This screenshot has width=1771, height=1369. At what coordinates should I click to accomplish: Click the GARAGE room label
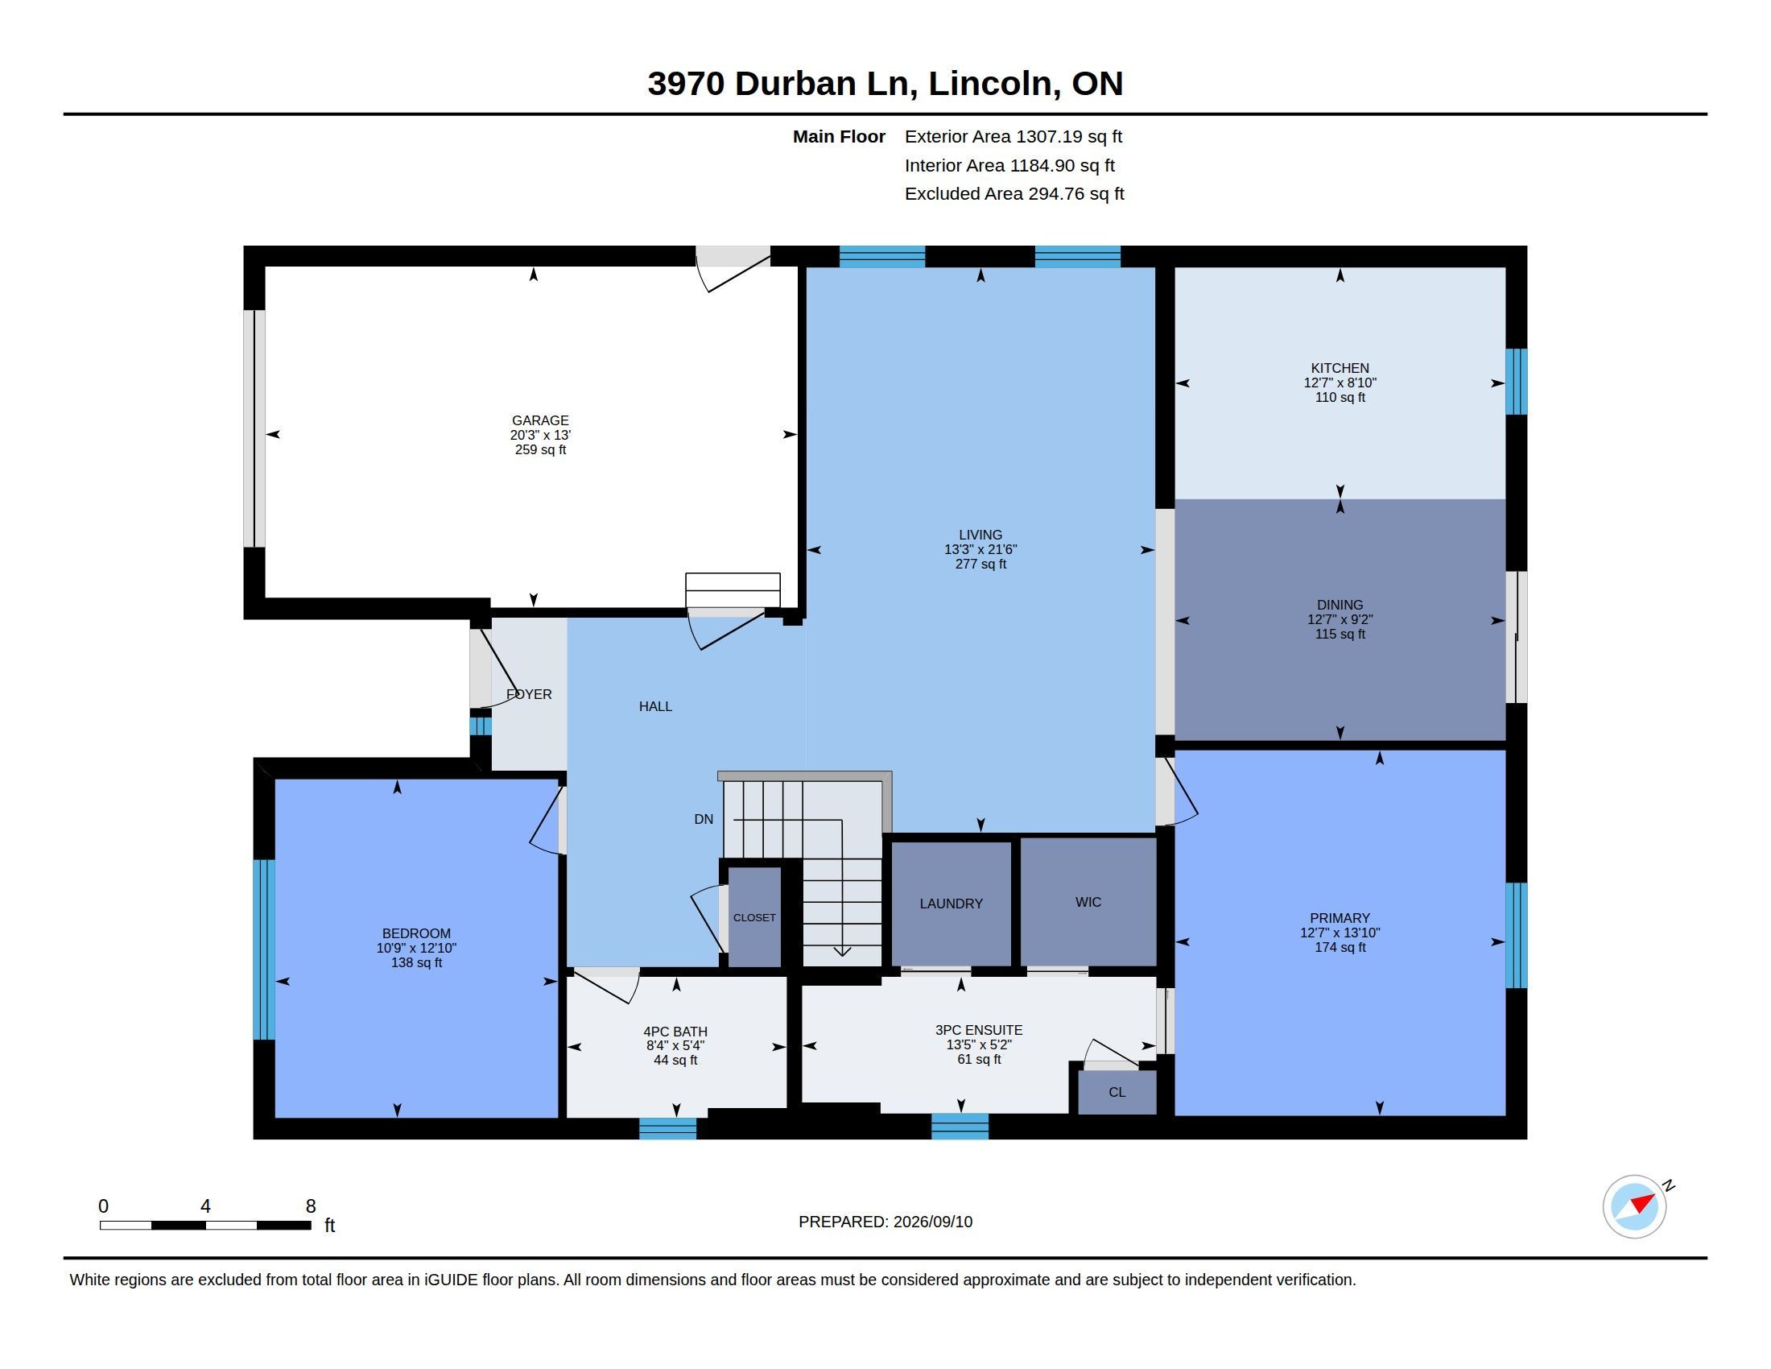pyautogui.click(x=540, y=420)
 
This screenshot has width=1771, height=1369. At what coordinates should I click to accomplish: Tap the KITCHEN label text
pyautogui.click(x=1340, y=368)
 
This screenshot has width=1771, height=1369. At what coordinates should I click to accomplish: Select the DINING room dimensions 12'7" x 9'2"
pyautogui.click(x=1340, y=619)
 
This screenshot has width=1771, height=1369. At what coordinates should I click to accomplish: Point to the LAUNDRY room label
pyautogui.click(x=952, y=904)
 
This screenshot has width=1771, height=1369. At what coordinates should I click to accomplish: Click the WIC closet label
pyautogui.click(x=1088, y=902)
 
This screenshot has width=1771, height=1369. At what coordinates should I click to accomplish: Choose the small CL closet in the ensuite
pyautogui.click(x=1117, y=1093)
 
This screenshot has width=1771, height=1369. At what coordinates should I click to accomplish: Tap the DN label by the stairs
pyautogui.click(x=704, y=819)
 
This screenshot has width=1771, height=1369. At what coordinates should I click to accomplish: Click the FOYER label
pyautogui.click(x=529, y=694)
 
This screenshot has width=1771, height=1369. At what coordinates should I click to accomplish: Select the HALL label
pyautogui.click(x=655, y=706)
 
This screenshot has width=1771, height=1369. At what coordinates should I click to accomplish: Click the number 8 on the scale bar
pyautogui.click(x=311, y=1206)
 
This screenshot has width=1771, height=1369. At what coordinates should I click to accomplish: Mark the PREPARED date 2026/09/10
pyautogui.click(x=932, y=1222)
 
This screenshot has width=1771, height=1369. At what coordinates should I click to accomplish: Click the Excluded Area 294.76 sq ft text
pyautogui.click(x=1014, y=194)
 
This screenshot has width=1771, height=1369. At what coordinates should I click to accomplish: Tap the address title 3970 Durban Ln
pyautogui.click(x=782, y=84)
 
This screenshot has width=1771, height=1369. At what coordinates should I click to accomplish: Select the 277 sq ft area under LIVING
pyautogui.click(x=980, y=564)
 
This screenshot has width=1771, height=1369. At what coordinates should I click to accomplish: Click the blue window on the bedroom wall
pyautogui.click(x=263, y=949)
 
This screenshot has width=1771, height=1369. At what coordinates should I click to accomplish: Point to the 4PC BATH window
pyautogui.click(x=667, y=1128)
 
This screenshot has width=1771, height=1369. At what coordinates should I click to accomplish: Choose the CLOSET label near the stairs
pyautogui.click(x=754, y=917)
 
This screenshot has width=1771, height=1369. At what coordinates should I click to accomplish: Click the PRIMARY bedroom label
pyautogui.click(x=1340, y=918)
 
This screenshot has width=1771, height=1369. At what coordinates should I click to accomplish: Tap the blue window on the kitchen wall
pyautogui.click(x=1517, y=381)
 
